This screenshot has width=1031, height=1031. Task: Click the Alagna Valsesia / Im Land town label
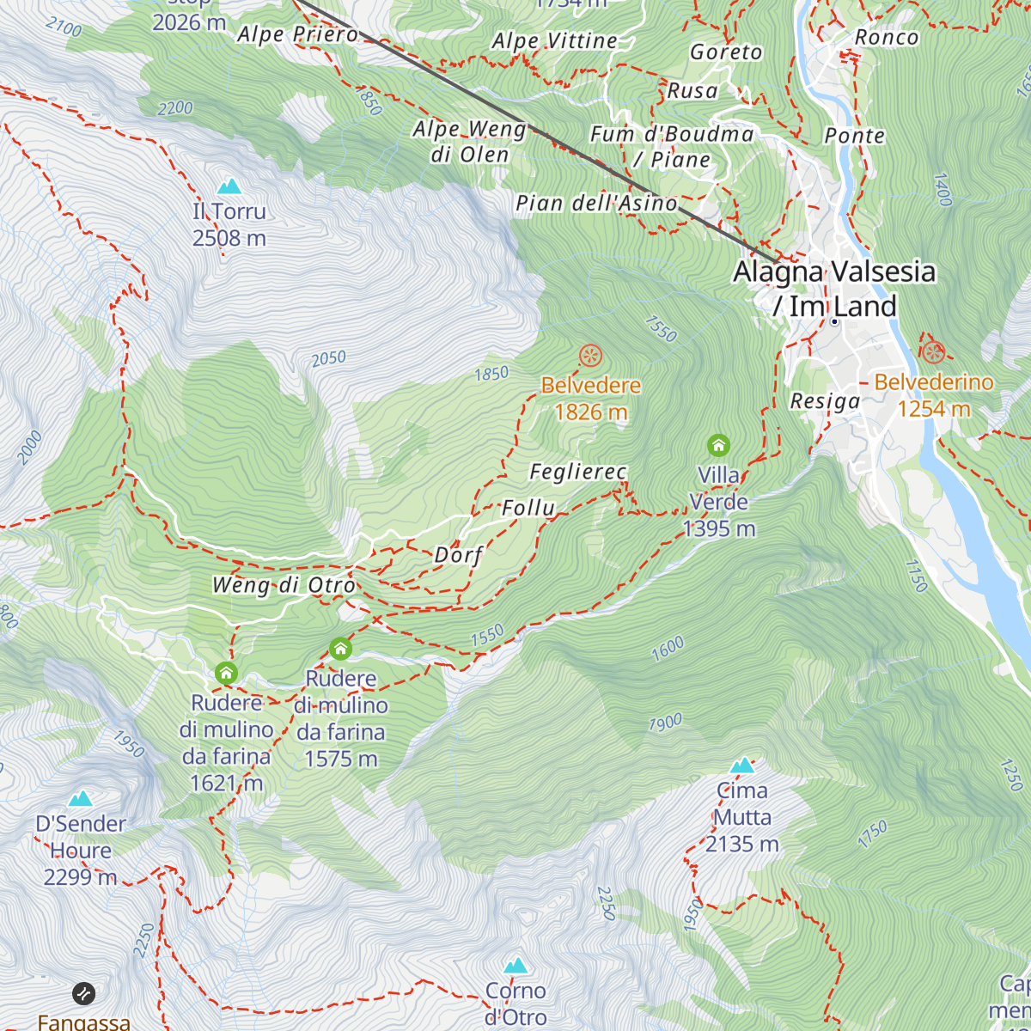[833, 289]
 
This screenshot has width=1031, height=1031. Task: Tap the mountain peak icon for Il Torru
[229, 186]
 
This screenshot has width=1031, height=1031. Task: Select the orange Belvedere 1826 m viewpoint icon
[590, 356]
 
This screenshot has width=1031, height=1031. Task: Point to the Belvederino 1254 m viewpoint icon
[933, 352]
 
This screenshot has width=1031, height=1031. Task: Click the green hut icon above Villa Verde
[718, 445]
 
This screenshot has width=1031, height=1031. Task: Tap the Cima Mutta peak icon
[741, 766]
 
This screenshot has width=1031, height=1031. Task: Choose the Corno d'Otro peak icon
[515, 966]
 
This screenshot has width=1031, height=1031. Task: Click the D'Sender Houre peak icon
[81, 799]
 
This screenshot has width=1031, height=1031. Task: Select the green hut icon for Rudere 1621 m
[227, 673]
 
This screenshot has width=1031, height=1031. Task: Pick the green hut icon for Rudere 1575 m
[341, 649]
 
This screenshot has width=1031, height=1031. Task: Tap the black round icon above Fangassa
[83, 994]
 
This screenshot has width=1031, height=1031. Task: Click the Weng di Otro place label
[284, 586]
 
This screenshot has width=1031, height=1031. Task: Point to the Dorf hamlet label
[458, 555]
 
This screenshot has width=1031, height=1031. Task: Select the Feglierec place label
[577, 472]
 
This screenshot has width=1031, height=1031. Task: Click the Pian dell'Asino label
[596, 204]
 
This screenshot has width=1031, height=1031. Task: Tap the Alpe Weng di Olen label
[469, 142]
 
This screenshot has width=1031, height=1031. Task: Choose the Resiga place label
[825, 401]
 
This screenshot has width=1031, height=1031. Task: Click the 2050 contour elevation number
[329, 358]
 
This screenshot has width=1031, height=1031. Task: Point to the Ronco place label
[886, 38]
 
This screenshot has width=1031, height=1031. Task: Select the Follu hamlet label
[528, 508]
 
